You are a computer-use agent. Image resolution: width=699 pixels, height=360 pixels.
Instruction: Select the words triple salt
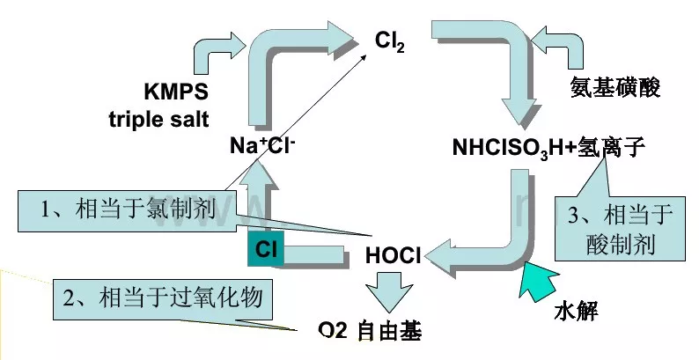click(x=159, y=118)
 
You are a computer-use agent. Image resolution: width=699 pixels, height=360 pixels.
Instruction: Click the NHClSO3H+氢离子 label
click(x=549, y=147)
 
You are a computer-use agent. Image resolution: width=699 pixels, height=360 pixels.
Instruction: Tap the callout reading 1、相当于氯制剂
click(x=121, y=212)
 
